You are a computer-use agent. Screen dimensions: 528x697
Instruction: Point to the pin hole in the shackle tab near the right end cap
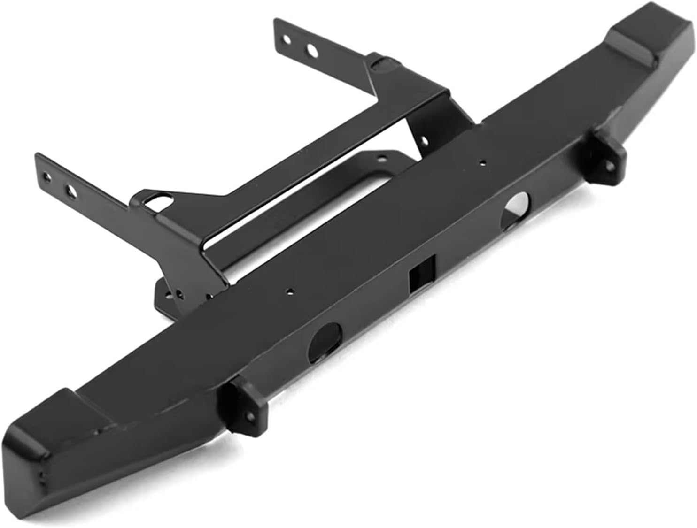click(x=610, y=165)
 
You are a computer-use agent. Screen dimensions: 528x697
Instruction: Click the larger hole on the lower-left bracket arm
click(x=70, y=190)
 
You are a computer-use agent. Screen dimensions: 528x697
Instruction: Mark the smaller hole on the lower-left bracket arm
click(x=45, y=177)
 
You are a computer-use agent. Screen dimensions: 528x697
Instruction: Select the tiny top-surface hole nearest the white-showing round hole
click(x=482, y=163)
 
